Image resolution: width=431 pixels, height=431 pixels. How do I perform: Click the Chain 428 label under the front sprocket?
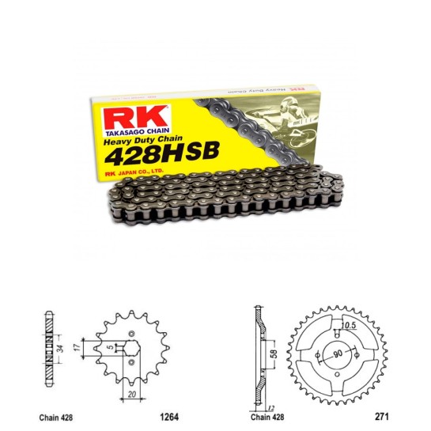click(x=55, y=414)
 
